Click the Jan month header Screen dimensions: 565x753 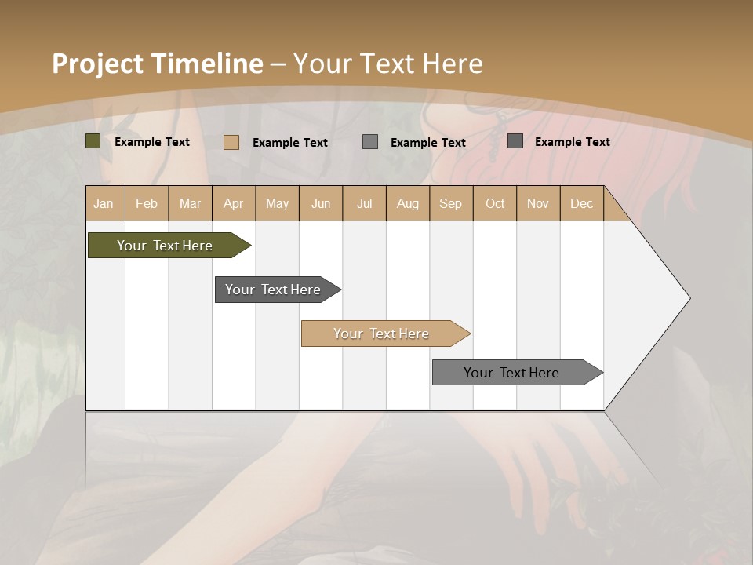(104, 203)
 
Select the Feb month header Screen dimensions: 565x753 (147, 203)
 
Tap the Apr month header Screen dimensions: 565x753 (234, 203)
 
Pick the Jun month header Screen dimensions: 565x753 (321, 203)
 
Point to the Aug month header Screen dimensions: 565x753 (408, 203)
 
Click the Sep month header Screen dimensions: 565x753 (451, 203)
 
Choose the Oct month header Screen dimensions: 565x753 (495, 203)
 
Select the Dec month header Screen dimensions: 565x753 (582, 203)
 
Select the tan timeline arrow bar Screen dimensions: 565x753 (383, 334)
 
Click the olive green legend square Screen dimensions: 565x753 (93, 141)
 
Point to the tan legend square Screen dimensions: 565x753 (231, 142)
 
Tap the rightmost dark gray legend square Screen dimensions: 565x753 (515, 141)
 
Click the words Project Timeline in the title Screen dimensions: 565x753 (157, 64)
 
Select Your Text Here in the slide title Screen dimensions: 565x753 (388, 64)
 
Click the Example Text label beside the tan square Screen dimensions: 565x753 (290, 143)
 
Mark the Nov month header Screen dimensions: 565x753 (538, 203)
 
